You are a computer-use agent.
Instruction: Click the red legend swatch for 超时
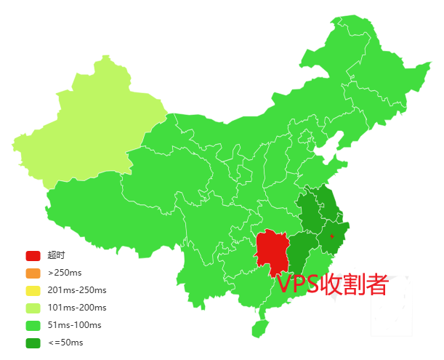click(33, 256)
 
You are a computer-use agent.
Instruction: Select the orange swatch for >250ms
click(33, 273)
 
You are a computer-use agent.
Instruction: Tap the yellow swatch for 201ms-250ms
click(33, 291)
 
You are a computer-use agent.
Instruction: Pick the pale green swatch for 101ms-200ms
click(33, 308)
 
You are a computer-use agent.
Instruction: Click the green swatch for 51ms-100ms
click(33, 325)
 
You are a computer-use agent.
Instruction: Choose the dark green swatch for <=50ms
click(33, 343)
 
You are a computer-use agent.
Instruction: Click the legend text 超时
click(56, 256)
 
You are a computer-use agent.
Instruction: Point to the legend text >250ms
click(65, 273)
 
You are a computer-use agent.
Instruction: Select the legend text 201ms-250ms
click(76, 291)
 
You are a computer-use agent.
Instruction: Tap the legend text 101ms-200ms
click(76, 308)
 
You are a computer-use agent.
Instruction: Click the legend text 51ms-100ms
click(74, 325)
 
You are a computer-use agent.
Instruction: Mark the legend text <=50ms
click(65, 343)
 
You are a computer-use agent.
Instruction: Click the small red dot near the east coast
click(331, 236)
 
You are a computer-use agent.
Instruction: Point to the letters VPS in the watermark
click(298, 284)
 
